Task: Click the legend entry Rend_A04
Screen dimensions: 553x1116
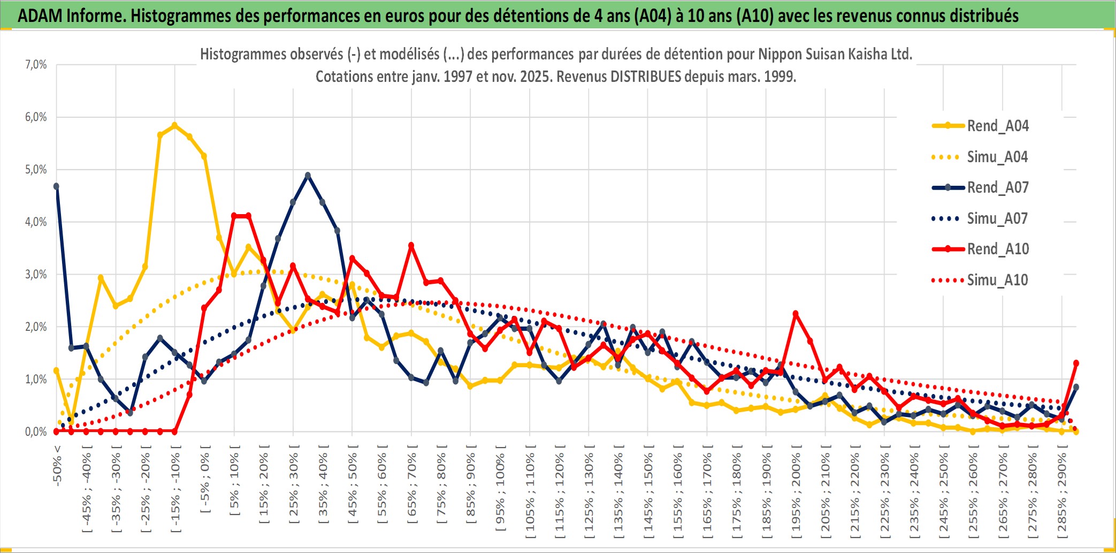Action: point(997,126)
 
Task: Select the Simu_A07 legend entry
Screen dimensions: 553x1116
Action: point(997,218)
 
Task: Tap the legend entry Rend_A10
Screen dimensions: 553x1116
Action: point(997,249)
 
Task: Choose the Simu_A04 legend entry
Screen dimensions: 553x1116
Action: point(997,157)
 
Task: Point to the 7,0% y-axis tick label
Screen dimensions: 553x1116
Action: point(36,65)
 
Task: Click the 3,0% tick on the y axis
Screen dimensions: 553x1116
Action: point(36,275)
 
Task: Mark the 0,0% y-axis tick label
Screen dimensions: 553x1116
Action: point(36,432)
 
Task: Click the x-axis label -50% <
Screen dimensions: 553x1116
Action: point(57,466)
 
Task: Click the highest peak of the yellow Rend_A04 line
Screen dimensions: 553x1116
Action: point(174,125)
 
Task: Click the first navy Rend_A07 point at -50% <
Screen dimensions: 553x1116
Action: point(56,186)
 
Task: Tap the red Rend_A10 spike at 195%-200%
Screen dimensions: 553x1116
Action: point(796,314)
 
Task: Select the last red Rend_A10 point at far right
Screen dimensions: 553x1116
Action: point(1076,363)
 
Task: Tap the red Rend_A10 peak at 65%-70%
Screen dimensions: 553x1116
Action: point(411,245)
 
